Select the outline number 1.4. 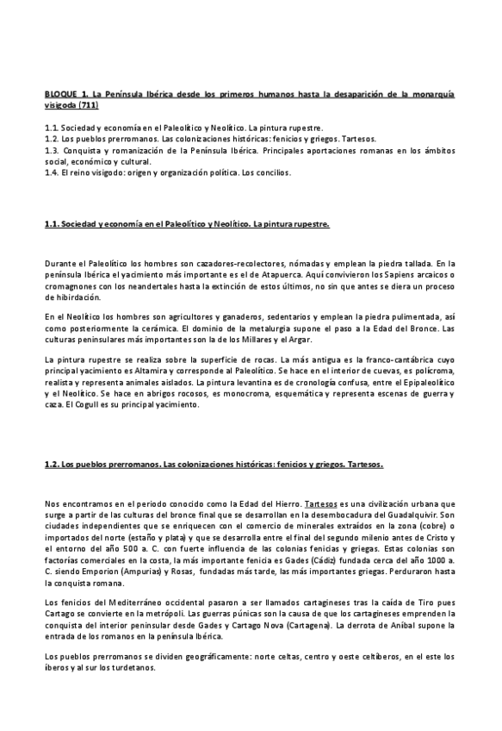[x=51, y=172]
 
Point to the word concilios [x=274, y=172]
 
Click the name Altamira [x=127, y=371]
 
